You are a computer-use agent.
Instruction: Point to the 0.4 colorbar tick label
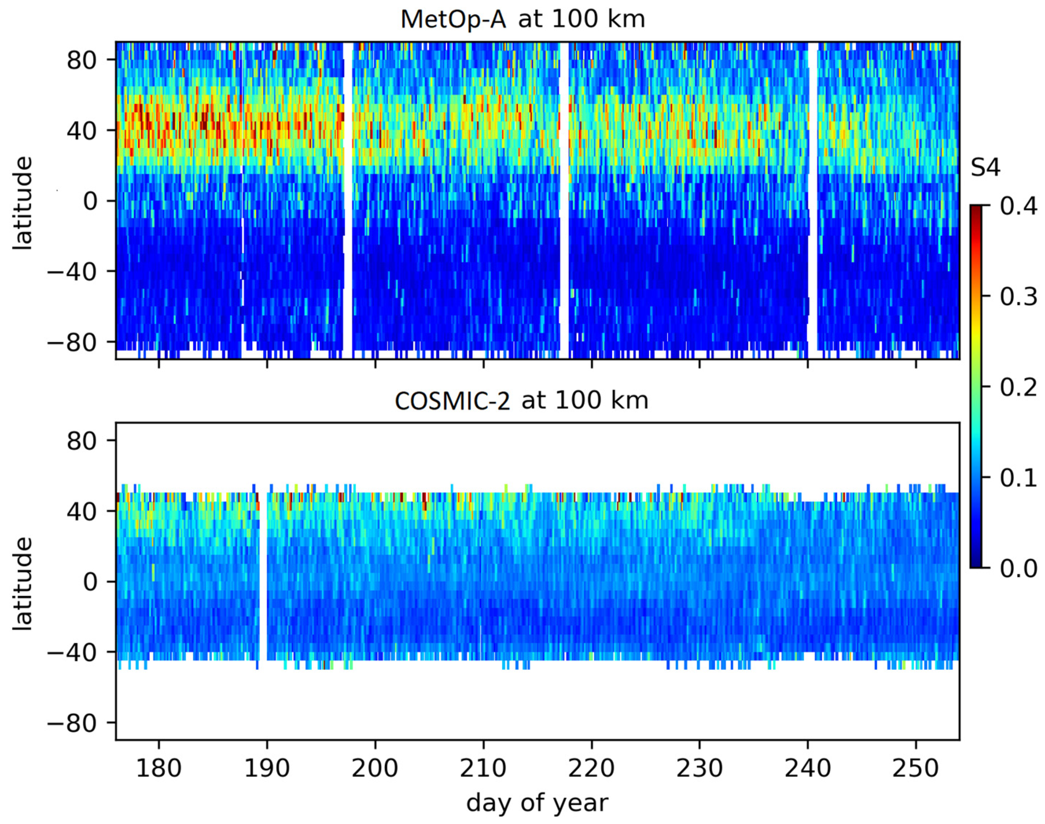1018,206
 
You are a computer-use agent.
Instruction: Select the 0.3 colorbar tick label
1018,297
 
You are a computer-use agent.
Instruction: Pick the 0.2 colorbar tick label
1018,387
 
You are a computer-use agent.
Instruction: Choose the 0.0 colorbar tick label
1018,568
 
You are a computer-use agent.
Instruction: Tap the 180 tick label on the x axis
159,768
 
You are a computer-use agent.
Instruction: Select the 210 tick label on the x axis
483,768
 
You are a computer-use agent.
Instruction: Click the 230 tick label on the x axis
699,768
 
